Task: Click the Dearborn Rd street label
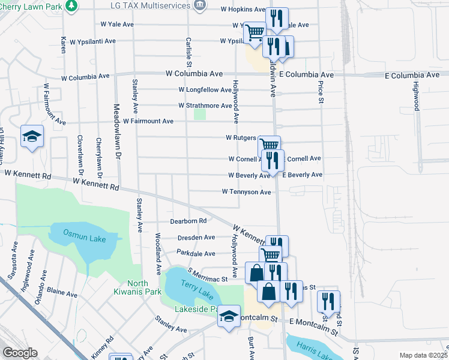188,221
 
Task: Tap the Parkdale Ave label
196,254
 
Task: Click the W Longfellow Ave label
205,90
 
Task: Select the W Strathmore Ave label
205,106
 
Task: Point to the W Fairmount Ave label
148,121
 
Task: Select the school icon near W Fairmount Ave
32,136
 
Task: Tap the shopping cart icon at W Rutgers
269,145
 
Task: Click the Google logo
20,353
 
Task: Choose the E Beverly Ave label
302,175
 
